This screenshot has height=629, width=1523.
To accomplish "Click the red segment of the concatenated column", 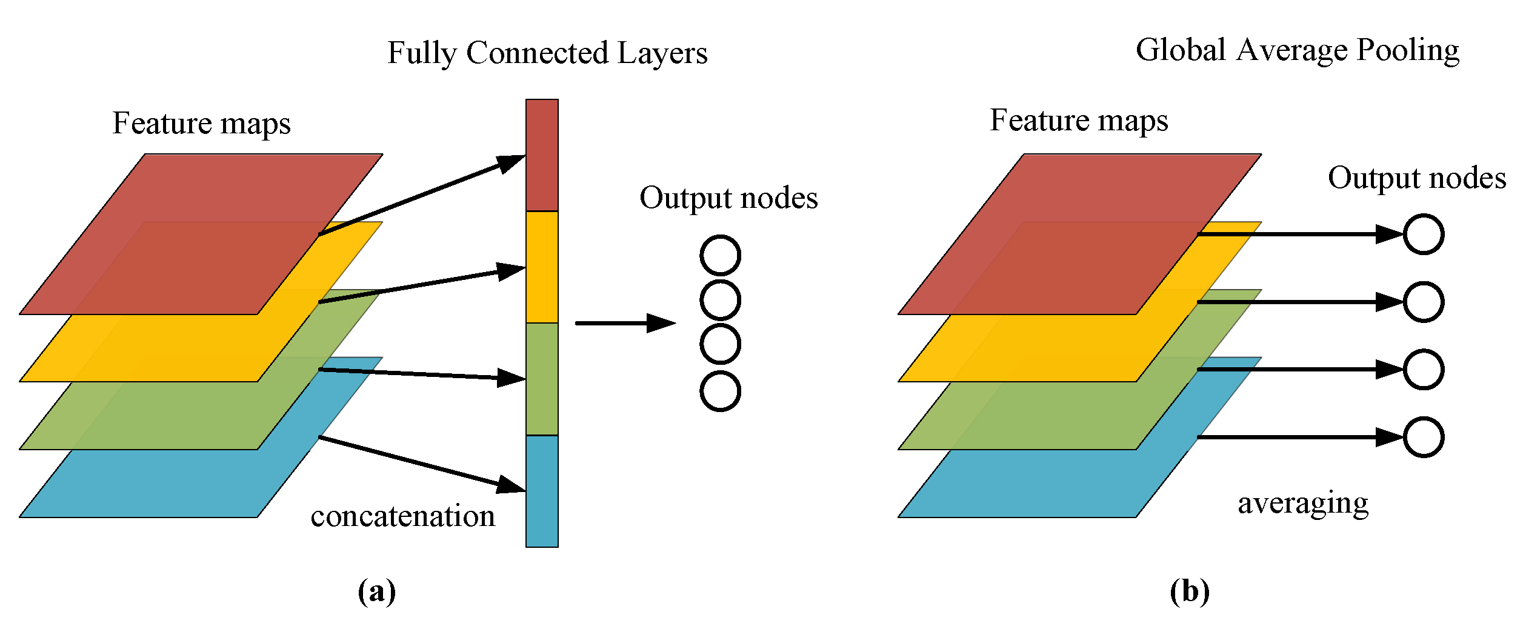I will point(541,155).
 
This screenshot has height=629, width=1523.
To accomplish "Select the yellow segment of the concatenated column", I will point(541,267).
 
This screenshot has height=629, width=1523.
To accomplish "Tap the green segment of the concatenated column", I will point(541,379).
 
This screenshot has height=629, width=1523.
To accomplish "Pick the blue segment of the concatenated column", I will point(541,491).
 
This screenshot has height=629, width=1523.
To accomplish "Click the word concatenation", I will point(402,516).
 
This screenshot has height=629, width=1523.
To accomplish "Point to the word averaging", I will point(1303,503).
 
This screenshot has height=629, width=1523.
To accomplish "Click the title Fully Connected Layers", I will point(547,53).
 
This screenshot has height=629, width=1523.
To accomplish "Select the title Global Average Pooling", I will point(1297,50).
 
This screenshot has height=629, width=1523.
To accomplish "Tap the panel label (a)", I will point(376,591).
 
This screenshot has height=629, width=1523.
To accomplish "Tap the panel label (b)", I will point(1189,591).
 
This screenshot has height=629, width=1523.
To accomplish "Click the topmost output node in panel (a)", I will point(720,255).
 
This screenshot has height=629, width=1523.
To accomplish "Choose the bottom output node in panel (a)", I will point(720,391).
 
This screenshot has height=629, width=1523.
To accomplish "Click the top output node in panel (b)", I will point(1423,234).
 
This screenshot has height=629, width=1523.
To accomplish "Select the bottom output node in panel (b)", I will point(1423,437).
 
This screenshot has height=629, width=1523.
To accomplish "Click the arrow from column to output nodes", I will point(624,323).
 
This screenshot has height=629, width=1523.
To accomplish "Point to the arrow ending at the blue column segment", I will point(421,464).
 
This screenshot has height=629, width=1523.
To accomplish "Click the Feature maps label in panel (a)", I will point(201,124).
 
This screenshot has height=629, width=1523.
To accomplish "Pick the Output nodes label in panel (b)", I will point(1417,179).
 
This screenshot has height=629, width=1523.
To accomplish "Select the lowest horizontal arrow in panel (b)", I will point(1297,437).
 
